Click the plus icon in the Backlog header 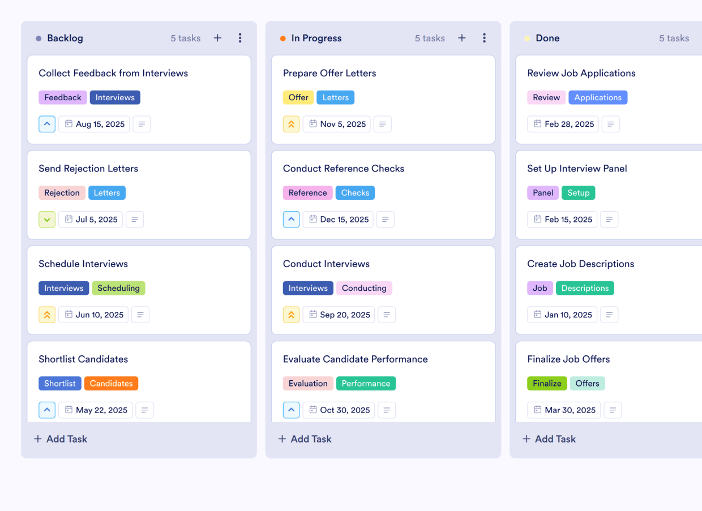[217, 38]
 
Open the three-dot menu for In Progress [484, 38]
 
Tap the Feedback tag [63, 97]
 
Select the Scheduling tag [118, 288]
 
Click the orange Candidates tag [111, 383]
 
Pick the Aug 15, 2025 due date [94, 124]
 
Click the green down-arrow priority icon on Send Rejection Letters [47, 220]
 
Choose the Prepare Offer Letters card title [329, 73]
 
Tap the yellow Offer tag [298, 97]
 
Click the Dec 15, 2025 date [338, 220]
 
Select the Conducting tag [364, 288]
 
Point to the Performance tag [366, 383]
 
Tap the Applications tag [598, 97]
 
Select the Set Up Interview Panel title [577, 168]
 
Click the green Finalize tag [547, 383]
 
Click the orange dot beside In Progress [283, 38]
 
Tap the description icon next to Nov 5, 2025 [383, 124]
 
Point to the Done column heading [547, 38]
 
